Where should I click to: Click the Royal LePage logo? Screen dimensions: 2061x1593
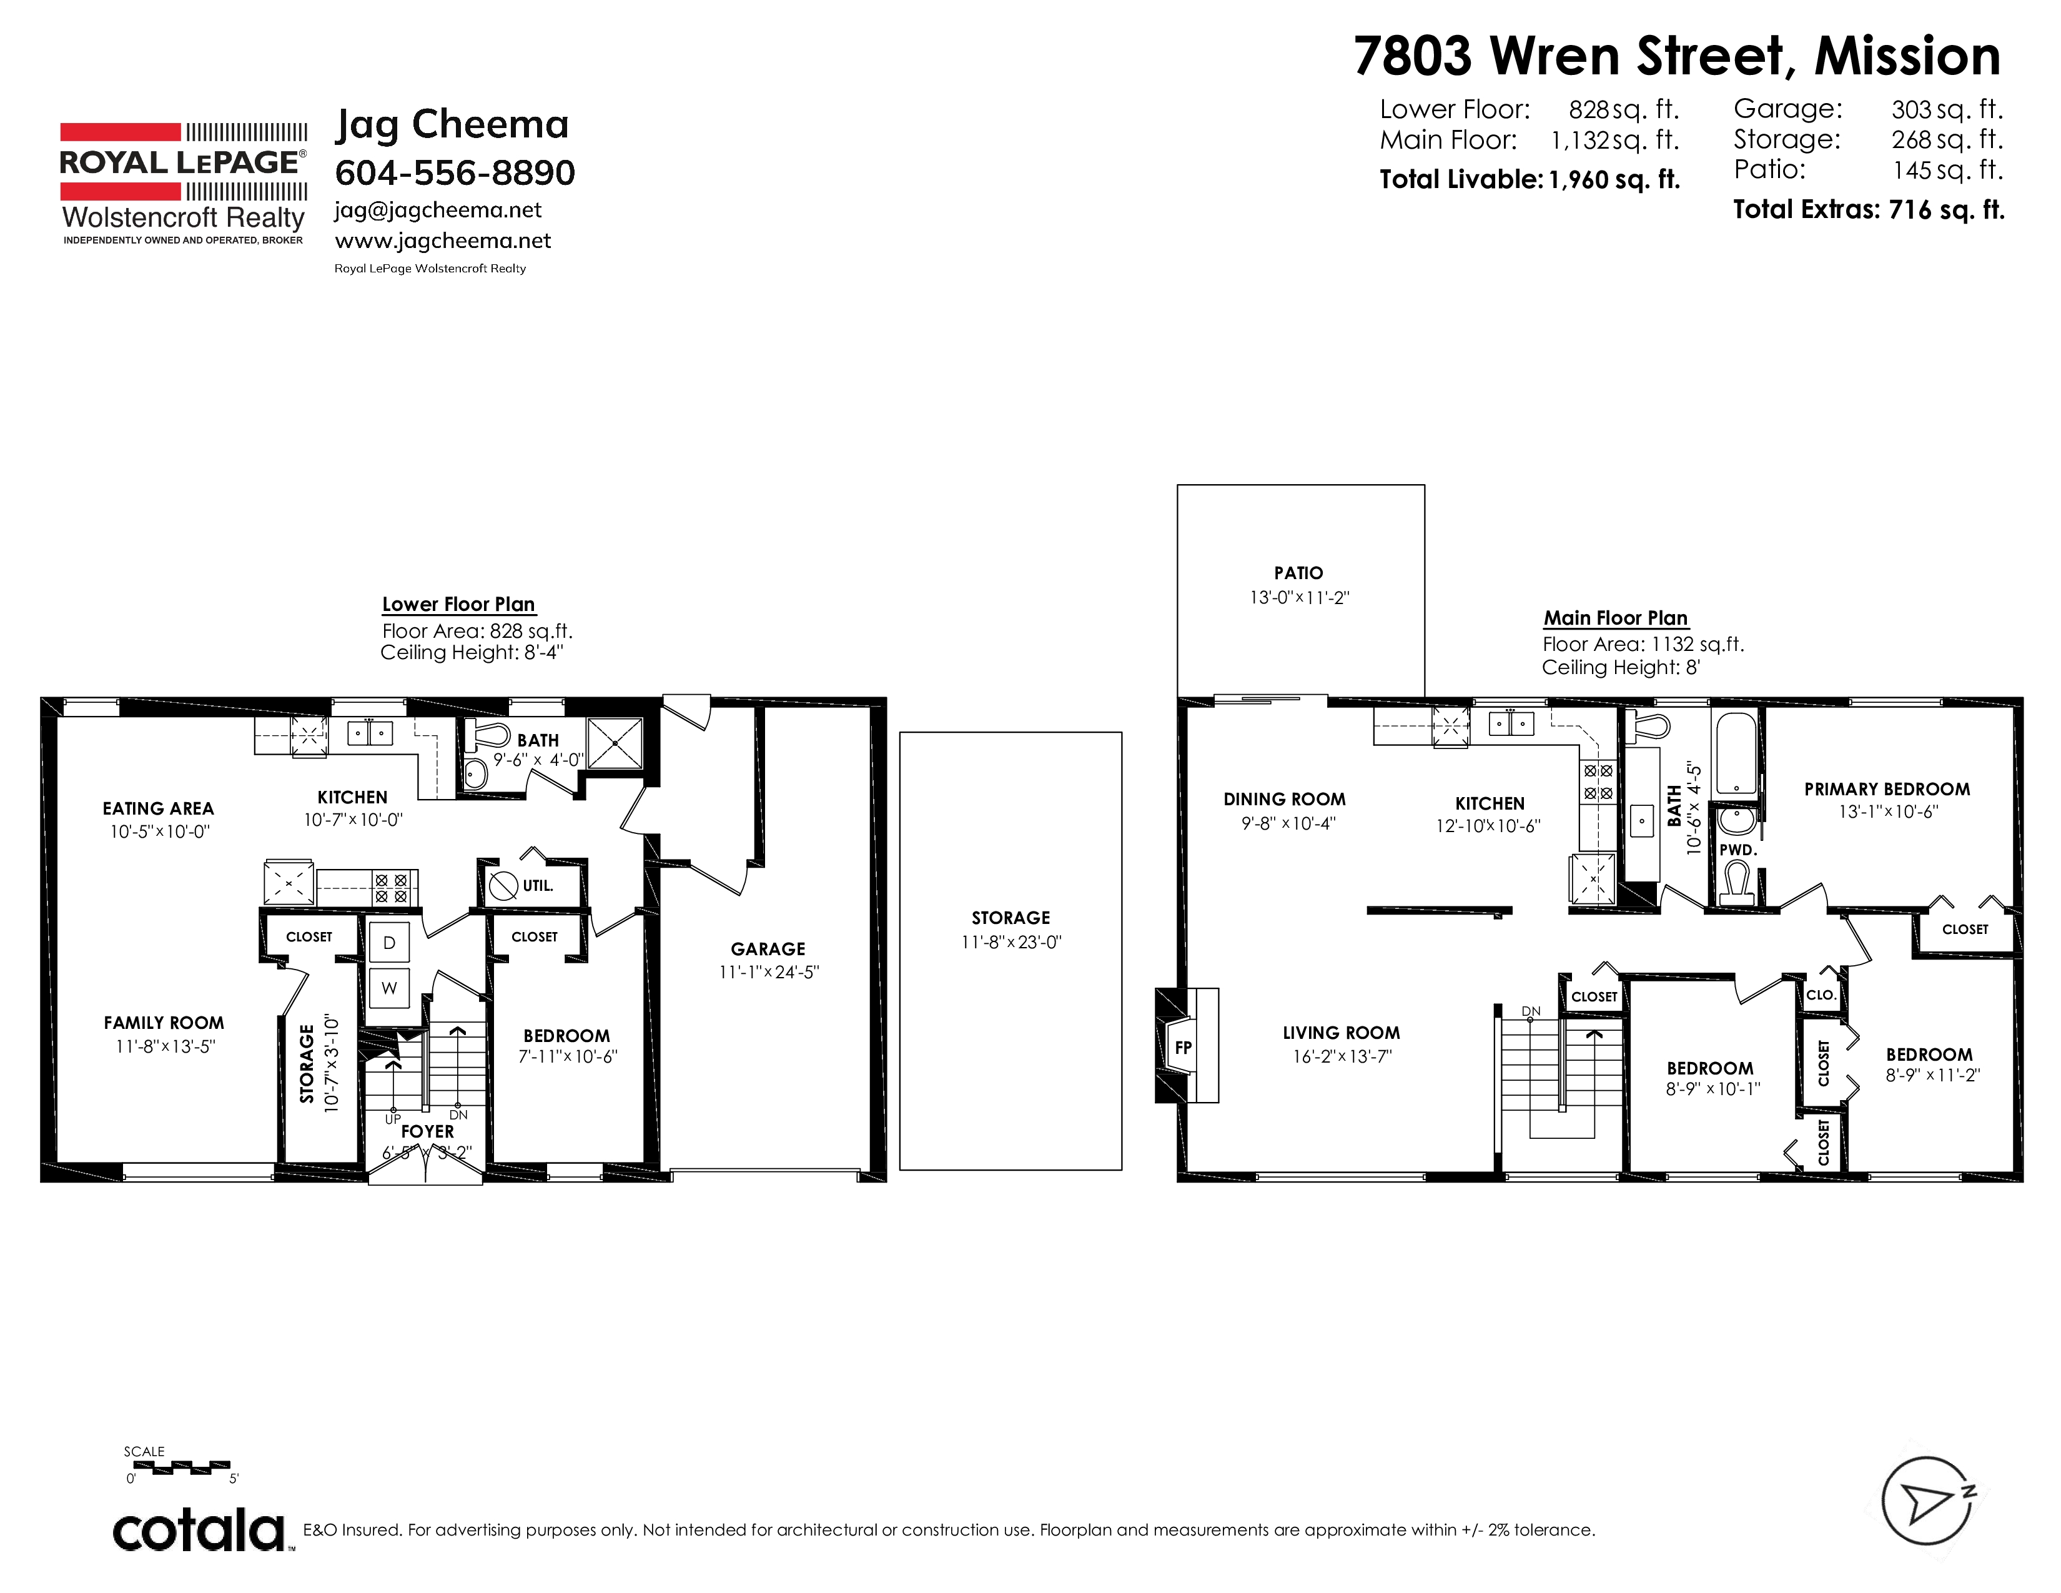pos(183,183)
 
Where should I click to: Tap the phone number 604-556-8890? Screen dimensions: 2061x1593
pos(455,172)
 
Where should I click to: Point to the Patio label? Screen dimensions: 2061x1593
pos(1298,573)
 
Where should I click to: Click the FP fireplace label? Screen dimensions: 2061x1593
pos(1184,1048)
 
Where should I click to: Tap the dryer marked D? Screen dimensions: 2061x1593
pos(389,943)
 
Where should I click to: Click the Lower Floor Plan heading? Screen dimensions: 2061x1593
pos(458,604)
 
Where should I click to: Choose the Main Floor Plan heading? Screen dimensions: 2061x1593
pos(1616,618)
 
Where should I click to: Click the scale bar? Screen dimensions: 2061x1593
pos(179,1467)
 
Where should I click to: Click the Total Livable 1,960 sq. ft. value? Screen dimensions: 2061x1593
pos(1614,179)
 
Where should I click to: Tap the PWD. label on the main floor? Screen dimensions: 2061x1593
pos(1737,850)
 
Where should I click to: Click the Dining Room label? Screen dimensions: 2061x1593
pos(1284,800)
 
